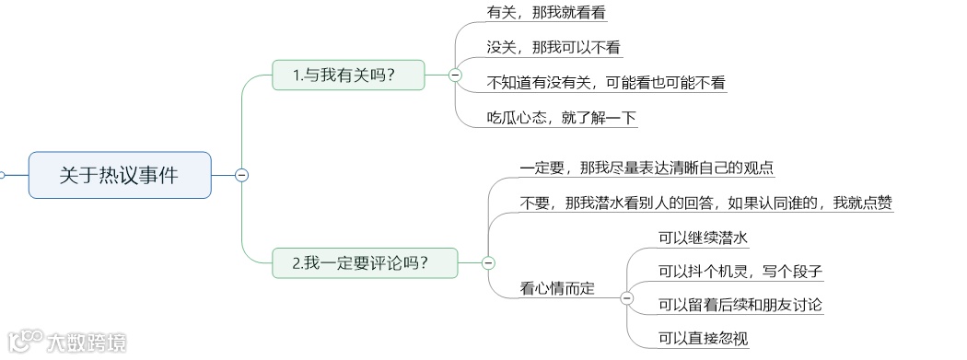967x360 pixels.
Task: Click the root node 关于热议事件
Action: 120,175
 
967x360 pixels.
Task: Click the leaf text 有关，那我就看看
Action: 546,13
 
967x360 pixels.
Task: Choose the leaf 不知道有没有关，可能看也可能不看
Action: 606,83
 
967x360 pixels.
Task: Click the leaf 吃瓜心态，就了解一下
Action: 562,118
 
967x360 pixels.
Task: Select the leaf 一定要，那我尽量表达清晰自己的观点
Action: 647,168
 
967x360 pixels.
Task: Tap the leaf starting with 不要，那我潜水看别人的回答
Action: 705,203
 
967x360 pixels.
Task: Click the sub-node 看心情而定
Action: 557,288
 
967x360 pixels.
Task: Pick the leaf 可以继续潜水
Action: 702,238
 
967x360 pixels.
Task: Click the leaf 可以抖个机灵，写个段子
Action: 740,272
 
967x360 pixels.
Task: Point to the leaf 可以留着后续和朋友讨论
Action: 740,305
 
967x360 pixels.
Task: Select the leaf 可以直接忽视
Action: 703,339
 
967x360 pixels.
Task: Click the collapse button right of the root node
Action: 241,175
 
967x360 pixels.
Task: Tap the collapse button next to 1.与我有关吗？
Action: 455,75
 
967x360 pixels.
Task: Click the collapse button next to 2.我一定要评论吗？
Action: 488,263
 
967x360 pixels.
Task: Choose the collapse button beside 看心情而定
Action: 627,296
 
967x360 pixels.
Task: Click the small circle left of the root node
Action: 2,175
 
